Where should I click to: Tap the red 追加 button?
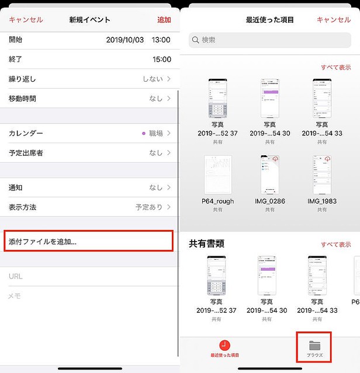coord(164,20)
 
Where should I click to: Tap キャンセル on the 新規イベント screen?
coord(26,20)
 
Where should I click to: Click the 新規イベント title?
coord(89,20)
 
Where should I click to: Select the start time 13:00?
coord(161,40)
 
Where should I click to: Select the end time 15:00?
coord(162,60)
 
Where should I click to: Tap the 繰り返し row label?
coord(22,79)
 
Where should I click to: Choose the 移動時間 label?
coord(22,98)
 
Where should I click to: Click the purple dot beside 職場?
coord(144,134)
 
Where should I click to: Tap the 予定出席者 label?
coord(26,153)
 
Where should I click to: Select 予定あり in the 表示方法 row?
coord(149,207)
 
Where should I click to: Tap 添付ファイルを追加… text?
coord(43,242)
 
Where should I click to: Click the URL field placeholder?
coord(16,276)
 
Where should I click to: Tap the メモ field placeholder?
coord(15,296)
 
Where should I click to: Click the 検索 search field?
coord(269,40)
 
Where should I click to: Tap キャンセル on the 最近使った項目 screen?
coord(334,20)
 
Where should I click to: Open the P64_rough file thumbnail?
coord(217,176)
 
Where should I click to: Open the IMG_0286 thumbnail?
coord(269,176)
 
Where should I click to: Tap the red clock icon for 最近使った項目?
coord(225,345)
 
